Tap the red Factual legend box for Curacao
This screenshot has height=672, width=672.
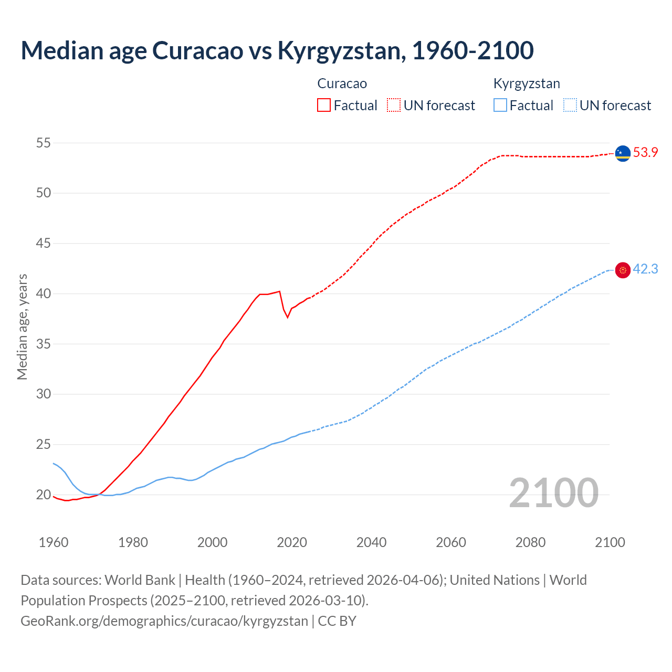[x=324, y=105]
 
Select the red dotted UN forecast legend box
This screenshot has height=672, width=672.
[x=394, y=105]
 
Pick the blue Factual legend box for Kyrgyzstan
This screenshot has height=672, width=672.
[x=500, y=105]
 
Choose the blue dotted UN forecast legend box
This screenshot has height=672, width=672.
[x=570, y=105]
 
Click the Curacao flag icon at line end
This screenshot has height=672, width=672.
[x=623, y=153]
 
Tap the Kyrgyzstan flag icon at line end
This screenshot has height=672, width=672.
[x=623, y=270]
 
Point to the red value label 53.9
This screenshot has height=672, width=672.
[x=645, y=153]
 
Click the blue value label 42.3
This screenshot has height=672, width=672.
[x=645, y=269]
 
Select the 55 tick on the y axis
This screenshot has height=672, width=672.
[x=44, y=143]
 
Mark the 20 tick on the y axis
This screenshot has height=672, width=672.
[x=44, y=495]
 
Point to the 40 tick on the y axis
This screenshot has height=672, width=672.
[x=44, y=293]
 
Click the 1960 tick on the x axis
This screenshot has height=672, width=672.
[x=54, y=542]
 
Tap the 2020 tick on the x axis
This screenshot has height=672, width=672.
[x=292, y=542]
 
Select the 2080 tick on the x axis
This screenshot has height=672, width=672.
[x=530, y=542]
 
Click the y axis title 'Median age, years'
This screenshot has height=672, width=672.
[x=22, y=327]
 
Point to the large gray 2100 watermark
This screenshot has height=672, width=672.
[x=553, y=493]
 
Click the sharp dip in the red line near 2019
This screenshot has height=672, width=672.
[x=287, y=317]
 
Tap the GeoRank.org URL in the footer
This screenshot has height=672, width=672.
[x=164, y=621]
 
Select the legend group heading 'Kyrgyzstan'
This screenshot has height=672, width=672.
[x=527, y=83]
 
